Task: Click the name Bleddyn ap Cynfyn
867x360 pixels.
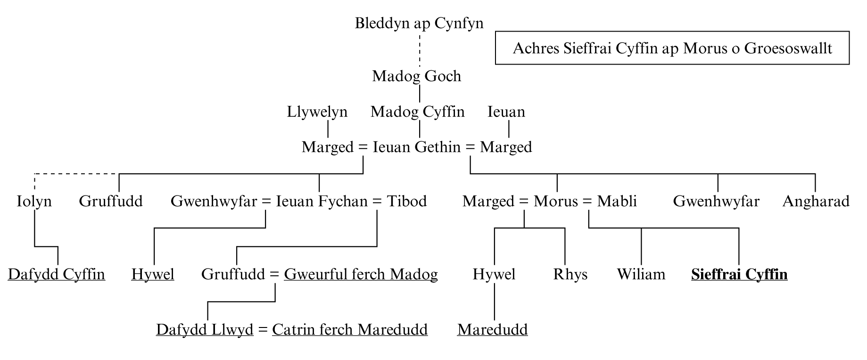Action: pyautogui.click(x=419, y=24)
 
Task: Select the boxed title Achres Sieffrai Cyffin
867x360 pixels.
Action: pyautogui.click(x=672, y=48)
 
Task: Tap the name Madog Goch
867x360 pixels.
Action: pyautogui.click(x=416, y=76)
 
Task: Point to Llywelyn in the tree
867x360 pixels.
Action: pyautogui.click(x=317, y=112)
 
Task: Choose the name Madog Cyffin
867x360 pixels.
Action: pyautogui.click(x=417, y=112)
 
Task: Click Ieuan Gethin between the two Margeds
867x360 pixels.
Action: pyautogui.click(x=416, y=147)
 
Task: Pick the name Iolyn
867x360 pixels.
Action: pyautogui.click(x=34, y=202)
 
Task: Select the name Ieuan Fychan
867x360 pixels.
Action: pyautogui.click(x=322, y=202)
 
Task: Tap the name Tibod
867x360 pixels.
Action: pyautogui.click(x=407, y=202)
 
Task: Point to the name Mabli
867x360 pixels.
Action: pyautogui.click(x=617, y=202)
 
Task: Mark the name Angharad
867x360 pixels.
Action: pyautogui.click(x=816, y=202)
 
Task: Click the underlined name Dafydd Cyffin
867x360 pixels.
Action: pyautogui.click(x=57, y=275)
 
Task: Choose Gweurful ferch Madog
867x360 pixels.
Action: pyautogui.click(x=361, y=275)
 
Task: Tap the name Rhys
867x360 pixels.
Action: pyautogui.click(x=570, y=275)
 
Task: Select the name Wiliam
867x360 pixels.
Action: pyautogui.click(x=641, y=275)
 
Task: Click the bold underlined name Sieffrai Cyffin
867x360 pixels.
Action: pyautogui.click(x=739, y=275)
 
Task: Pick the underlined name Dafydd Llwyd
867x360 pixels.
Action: pyautogui.click(x=205, y=330)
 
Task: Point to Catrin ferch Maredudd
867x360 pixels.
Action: pyautogui.click(x=350, y=330)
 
